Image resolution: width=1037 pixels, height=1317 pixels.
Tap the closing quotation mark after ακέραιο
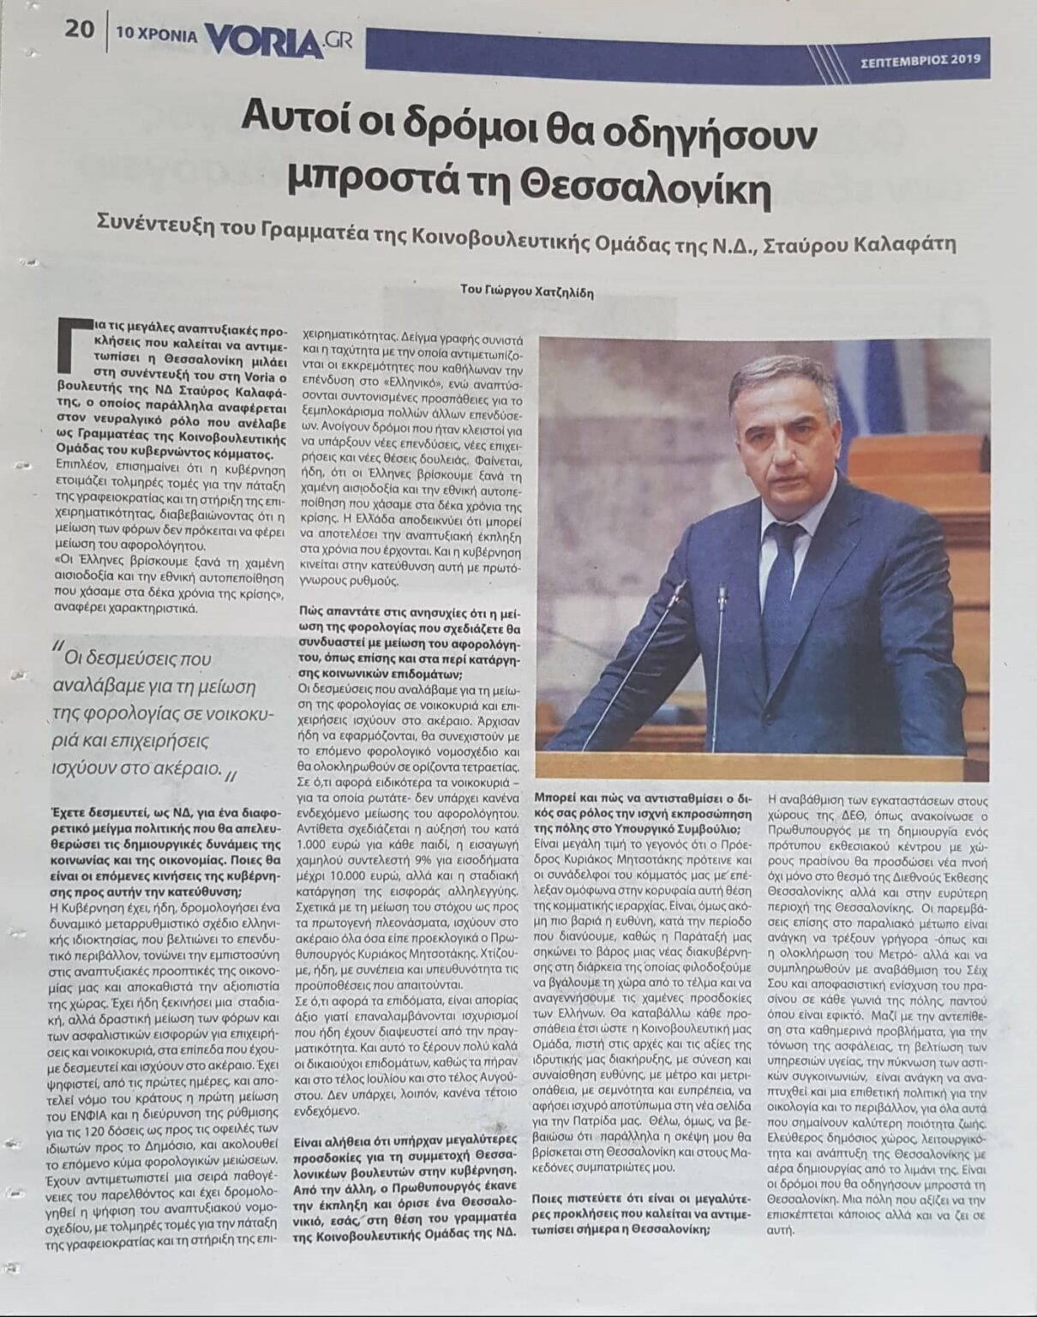[x=231, y=773]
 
